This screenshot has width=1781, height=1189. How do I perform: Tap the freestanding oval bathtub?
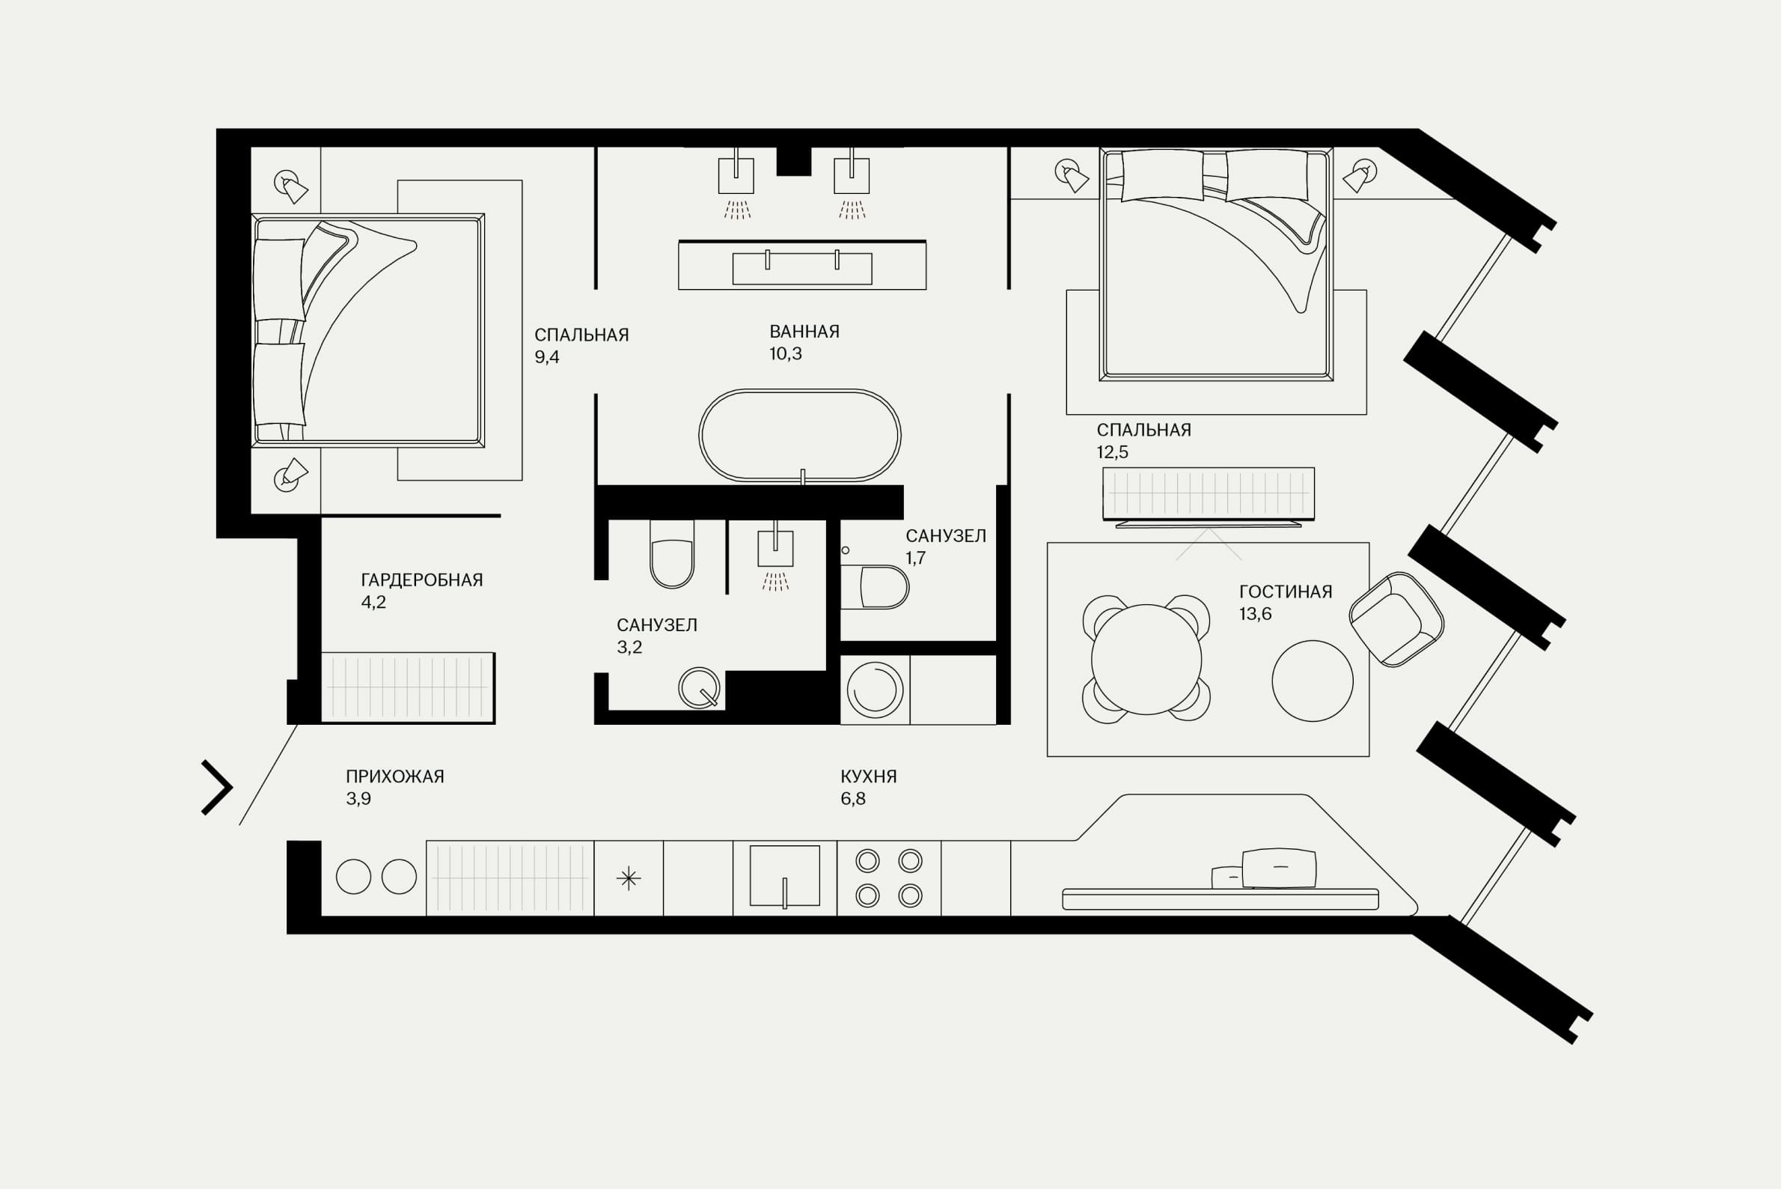pos(799,436)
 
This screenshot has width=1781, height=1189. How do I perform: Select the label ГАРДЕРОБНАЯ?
pos(421,580)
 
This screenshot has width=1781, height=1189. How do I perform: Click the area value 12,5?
pos(1113,452)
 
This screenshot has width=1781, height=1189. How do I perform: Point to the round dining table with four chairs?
pos(1146,659)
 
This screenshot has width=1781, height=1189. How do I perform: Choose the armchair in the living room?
pos(1396,619)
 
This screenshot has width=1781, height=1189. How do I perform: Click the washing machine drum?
pos(875,690)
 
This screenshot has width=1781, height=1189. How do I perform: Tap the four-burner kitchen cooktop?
pos(889,878)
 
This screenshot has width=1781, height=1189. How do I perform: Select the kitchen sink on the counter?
pos(784,876)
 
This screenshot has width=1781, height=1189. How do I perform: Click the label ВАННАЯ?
pos(804,332)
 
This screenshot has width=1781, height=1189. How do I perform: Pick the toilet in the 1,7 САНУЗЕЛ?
pos(876,587)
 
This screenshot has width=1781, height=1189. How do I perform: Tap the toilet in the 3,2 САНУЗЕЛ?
pos(672,554)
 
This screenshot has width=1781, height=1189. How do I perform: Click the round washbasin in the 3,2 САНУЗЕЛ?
pos(699,688)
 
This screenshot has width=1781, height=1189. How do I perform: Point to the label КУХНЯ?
pos(869,776)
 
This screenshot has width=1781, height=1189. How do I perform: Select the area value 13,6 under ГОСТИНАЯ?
pos(1255,614)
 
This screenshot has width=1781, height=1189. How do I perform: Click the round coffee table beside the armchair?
pos(1313,681)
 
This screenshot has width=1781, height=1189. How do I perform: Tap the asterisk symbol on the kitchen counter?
pos(629,879)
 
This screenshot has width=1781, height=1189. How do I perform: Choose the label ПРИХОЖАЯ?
pos(395,776)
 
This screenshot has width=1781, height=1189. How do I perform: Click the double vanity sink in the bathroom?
pos(802,265)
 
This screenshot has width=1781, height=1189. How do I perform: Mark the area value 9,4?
pos(547,357)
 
